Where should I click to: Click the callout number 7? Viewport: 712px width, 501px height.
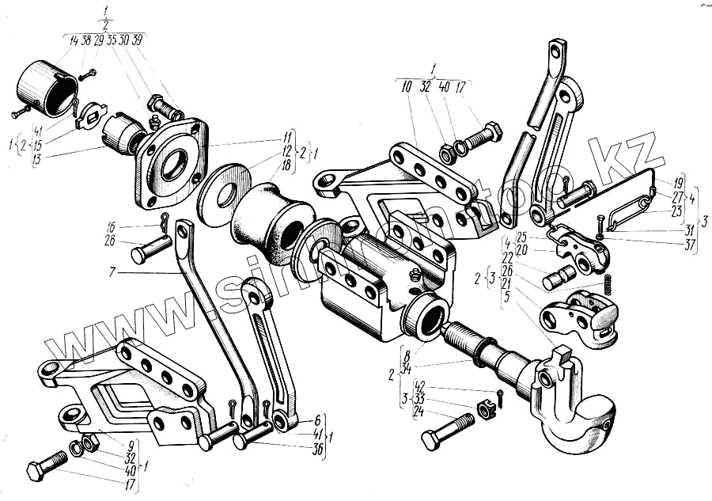pos(113,271)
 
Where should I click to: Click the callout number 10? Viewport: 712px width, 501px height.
pos(407,87)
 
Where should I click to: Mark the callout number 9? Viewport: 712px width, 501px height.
pos(131,445)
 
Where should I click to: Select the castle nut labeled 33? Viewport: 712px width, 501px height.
pos(485,408)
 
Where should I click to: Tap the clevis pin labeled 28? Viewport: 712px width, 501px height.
pos(150,249)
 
